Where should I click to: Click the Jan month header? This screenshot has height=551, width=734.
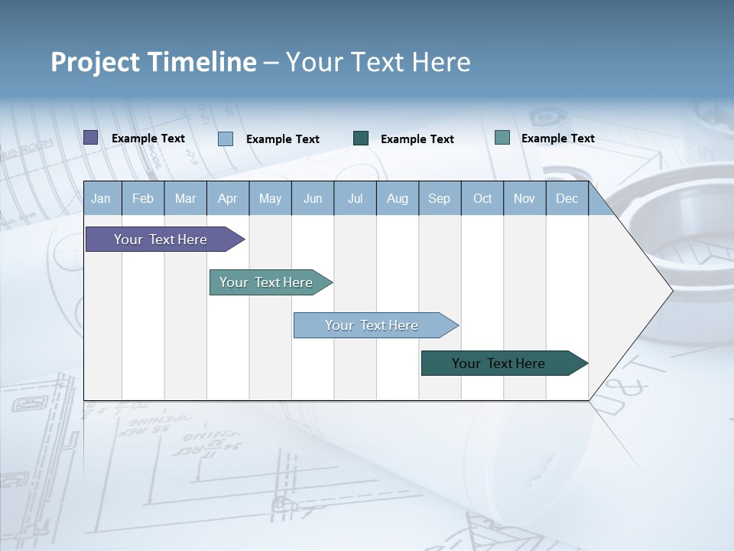pos(101,198)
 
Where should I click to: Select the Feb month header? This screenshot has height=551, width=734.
pos(143,198)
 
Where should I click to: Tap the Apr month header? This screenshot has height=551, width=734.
pos(227,198)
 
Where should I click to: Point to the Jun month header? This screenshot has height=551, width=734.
pos(313,198)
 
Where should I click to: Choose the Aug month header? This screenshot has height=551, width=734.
pos(397,198)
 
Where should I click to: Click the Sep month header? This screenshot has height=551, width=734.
pos(439,198)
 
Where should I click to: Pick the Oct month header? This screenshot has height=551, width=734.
pos(482,198)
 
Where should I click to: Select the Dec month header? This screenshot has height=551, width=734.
pos(567,198)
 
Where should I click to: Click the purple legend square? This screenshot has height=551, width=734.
pos(91,138)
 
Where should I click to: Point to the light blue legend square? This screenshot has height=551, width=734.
pos(226,139)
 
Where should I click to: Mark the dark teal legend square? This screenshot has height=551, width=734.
pos(361,139)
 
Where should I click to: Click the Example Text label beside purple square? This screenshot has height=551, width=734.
pos(148,139)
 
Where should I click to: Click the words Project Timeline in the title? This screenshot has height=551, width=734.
pos(153,62)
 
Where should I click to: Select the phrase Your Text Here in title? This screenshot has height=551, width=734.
pos(378,62)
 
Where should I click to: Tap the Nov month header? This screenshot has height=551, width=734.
pos(525,198)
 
